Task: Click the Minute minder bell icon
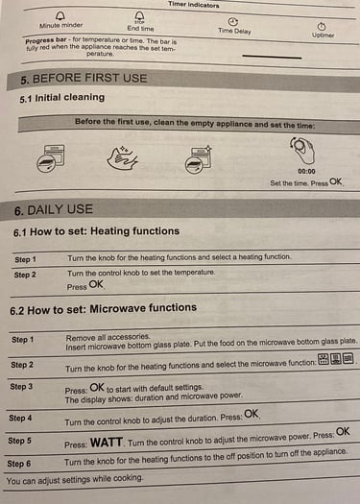(60, 15)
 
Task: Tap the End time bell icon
(139, 16)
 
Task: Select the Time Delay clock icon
(233, 21)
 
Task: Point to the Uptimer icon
(322, 26)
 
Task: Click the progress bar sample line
(272, 57)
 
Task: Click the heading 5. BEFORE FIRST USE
(84, 79)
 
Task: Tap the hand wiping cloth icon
(122, 157)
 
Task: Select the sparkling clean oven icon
(199, 159)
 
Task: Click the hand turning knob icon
(302, 150)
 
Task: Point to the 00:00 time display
(306, 171)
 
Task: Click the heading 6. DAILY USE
(54, 210)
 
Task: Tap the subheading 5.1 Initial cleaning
(62, 98)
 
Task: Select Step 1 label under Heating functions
(25, 259)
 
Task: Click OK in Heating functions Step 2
(96, 284)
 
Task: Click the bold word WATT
(107, 443)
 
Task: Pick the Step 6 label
(19, 464)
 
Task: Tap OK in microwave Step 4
(252, 414)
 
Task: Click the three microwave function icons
(336, 358)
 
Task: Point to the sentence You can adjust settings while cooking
(74, 480)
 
